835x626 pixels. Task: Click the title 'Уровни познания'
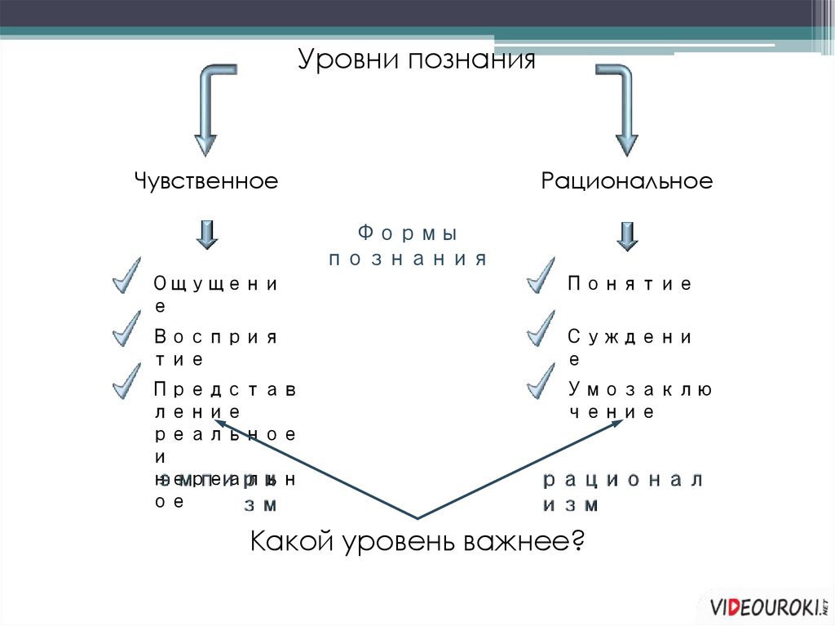tap(416, 60)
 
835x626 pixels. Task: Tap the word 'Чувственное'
tap(206, 180)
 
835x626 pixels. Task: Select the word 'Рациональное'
tap(626, 180)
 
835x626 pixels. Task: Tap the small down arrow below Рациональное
tap(626, 235)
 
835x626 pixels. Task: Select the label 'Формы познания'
tap(408, 246)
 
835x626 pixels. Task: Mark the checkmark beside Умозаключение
tap(540, 380)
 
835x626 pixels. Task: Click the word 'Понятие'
tap(630, 284)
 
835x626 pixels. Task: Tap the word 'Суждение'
tap(630, 347)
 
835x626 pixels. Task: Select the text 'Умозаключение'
tap(640, 400)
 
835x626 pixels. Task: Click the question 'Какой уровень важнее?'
tap(417, 541)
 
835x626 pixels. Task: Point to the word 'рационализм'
tap(622, 491)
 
